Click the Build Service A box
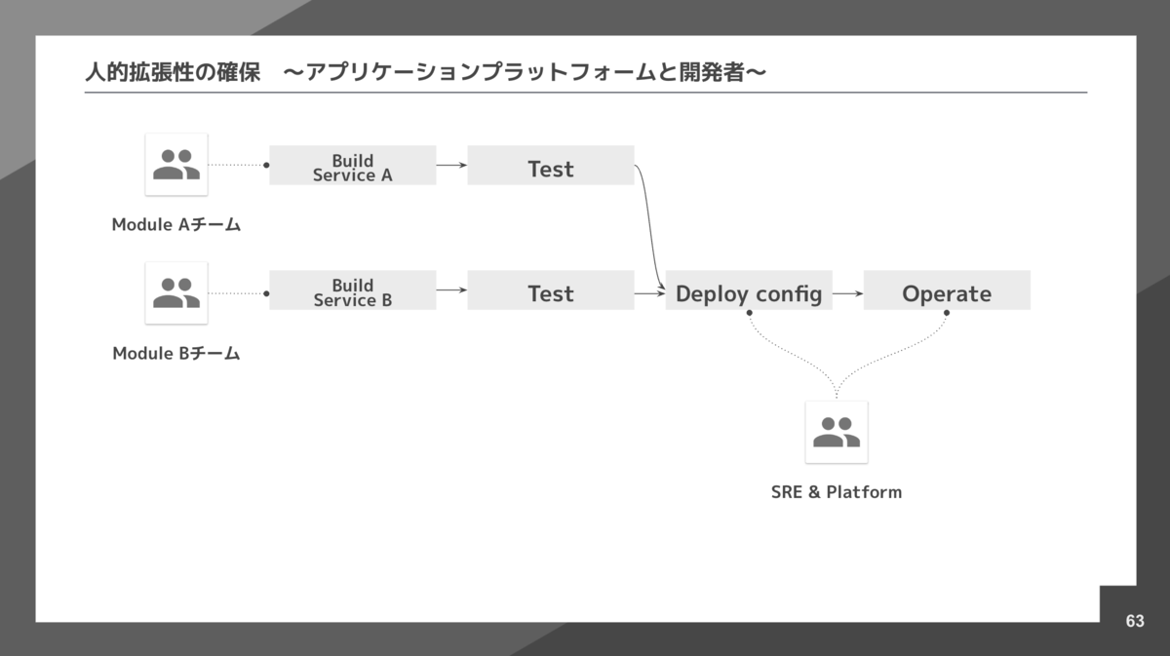[352, 166]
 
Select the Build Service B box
[352, 290]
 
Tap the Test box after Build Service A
[550, 166]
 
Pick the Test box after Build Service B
[550, 290]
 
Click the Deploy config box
[749, 290]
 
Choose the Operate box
[946, 290]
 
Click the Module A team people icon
[176, 164]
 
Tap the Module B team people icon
[176, 292]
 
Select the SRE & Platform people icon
[837, 432]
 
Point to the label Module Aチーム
[176, 225]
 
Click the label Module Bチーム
[176, 354]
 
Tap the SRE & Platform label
[837, 492]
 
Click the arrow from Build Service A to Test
[451, 166]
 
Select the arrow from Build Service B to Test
[451, 290]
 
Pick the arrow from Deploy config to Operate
[848, 290]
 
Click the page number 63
[1135, 622]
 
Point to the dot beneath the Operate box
[946, 313]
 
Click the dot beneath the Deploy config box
[749, 313]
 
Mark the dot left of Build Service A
[266, 166]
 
